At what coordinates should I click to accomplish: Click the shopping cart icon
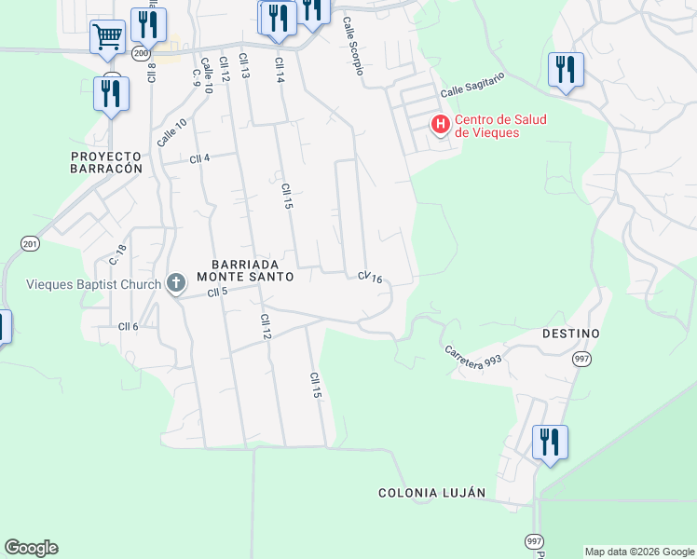[x=108, y=38]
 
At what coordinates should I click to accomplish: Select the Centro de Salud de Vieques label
[x=499, y=126]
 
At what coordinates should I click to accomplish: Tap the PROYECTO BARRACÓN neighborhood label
[x=107, y=162]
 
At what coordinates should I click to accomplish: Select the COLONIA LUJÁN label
[x=431, y=493]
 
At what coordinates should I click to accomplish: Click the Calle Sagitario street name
[x=471, y=90]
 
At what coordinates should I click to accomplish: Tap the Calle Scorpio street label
[x=352, y=46]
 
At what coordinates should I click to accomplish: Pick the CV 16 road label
[x=371, y=277]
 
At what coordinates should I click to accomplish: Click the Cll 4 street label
[x=199, y=158]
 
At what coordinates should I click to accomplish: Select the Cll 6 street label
[x=128, y=325]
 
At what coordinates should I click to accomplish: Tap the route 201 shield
[x=30, y=243]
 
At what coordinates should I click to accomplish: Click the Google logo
[x=31, y=548]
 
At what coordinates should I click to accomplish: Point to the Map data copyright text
[x=639, y=552]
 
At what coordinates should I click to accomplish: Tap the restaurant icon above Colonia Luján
[x=550, y=441]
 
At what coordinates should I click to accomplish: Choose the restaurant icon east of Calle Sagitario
[x=566, y=70]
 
